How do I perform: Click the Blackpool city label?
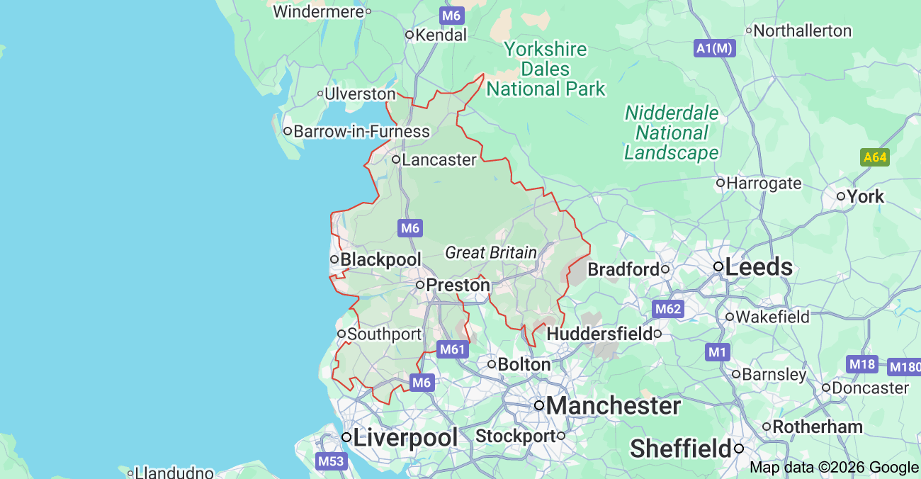(380, 260)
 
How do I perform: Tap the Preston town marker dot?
(419, 285)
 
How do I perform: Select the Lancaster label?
(439, 160)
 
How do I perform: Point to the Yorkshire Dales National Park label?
(546, 69)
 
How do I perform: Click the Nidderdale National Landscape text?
(671, 133)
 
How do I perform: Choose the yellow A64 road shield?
(874, 157)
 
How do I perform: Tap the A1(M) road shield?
(715, 48)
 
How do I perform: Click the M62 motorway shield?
(667, 309)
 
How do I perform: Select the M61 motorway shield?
(452, 349)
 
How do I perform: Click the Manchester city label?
(613, 406)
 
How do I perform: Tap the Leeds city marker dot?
(718, 267)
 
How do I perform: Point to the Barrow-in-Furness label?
(361, 132)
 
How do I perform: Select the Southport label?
(384, 334)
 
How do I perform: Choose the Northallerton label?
(802, 31)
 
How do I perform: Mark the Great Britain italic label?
(490, 253)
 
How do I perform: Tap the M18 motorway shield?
(862, 365)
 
